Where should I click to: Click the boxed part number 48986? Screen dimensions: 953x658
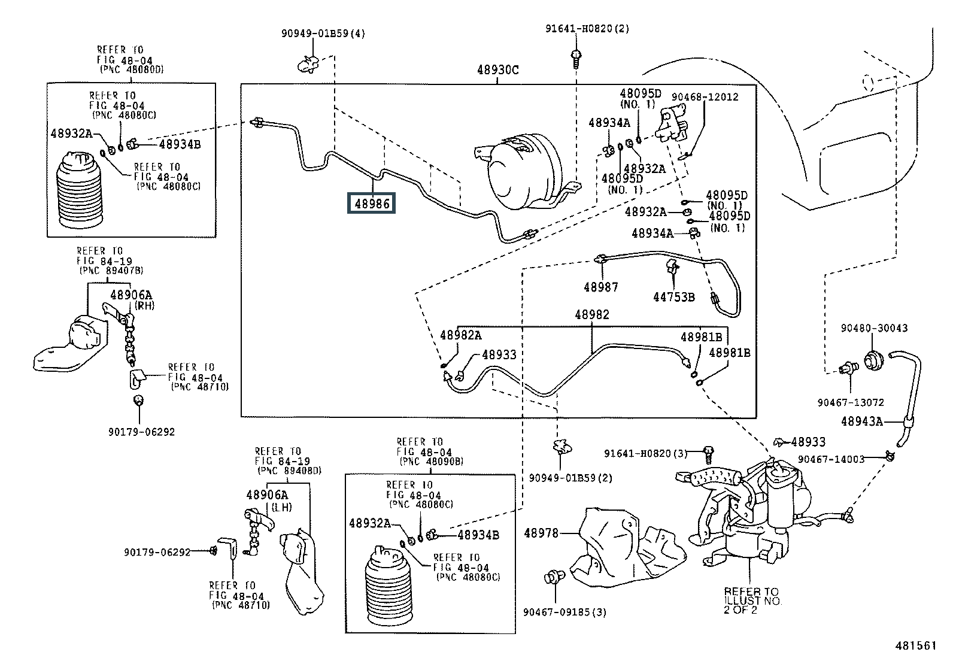pyautogui.click(x=371, y=204)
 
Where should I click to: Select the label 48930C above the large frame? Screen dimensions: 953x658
pyautogui.click(x=497, y=70)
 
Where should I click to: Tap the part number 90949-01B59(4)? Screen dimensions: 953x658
pyautogui.click(x=323, y=33)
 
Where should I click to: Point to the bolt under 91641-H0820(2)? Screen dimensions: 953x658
pyautogui.click(x=576, y=59)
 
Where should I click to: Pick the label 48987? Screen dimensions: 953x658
pyautogui.click(x=600, y=287)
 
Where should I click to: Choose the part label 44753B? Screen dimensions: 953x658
pyautogui.click(x=674, y=297)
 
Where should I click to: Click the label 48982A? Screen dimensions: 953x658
pyautogui.click(x=461, y=335)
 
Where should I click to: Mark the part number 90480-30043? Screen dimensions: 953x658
pyautogui.click(x=874, y=328)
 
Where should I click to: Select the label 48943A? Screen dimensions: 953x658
pyautogui.click(x=861, y=422)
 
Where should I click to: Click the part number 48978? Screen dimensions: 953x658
pyautogui.click(x=541, y=533)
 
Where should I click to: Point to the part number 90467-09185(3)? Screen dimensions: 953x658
pyautogui.click(x=564, y=612)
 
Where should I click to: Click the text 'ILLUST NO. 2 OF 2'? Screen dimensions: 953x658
pyautogui.click(x=752, y=605)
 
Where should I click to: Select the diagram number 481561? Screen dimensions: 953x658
pyautogui.click(x=915, y=645)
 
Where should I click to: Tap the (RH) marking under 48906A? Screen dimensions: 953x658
pyautogui.click(x=144, y=305)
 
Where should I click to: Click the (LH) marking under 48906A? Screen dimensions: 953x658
pyautogui.click(x=281, y=507)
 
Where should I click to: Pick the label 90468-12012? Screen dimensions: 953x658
pyautogui.click(x=705, y=97)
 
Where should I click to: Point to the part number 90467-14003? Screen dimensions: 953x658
pyautogui.click(x=831, y=459)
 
